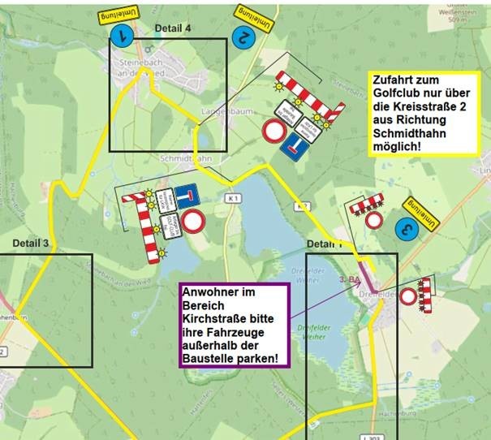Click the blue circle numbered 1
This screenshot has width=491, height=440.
pyautogui.click(x=122, y=34)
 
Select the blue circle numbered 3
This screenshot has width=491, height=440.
pyautogui.click(x=407, y=229)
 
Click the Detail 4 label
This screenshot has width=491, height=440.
pyautogui.click(x=172, y=28)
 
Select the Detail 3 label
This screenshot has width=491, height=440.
pyautogui.click(x=31, y=243)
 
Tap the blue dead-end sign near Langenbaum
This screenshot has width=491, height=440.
pyautogui.click(x=292, y=147)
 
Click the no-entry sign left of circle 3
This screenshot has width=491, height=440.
pyautogui.click(x=373, y=219)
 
